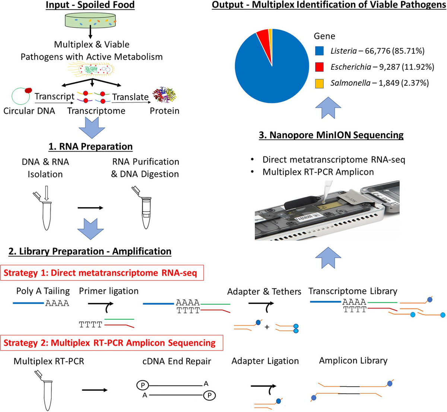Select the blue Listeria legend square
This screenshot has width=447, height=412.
pyautogui.click(x=320, y=51)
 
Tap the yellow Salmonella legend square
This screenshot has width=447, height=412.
pyautogui.click(x=320, y=83)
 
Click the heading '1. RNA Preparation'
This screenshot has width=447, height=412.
pyautogui.click(x=91, y=146)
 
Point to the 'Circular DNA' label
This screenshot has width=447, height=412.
pyautogui.click(x=29, y=111)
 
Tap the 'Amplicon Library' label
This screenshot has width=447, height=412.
pyautogui.click(x=353, y=361)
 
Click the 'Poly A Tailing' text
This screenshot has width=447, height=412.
pyautogui.click(x=43, y=291)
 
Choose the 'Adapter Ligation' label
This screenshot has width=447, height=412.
pyautogui.click(x=265, y=361)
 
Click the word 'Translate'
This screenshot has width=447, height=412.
pyautogui.click(x=130, y=97)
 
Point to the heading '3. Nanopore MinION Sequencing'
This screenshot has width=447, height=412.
pyautogui.click(x=331, y=135)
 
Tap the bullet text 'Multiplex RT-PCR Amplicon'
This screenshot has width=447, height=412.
pyautogui.click(x=318, y=172)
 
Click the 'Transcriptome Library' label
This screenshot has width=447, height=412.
pyautogui.click(x=353, y=291)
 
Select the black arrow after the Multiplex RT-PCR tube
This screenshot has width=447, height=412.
pyautogui.click(x=94, y=390)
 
